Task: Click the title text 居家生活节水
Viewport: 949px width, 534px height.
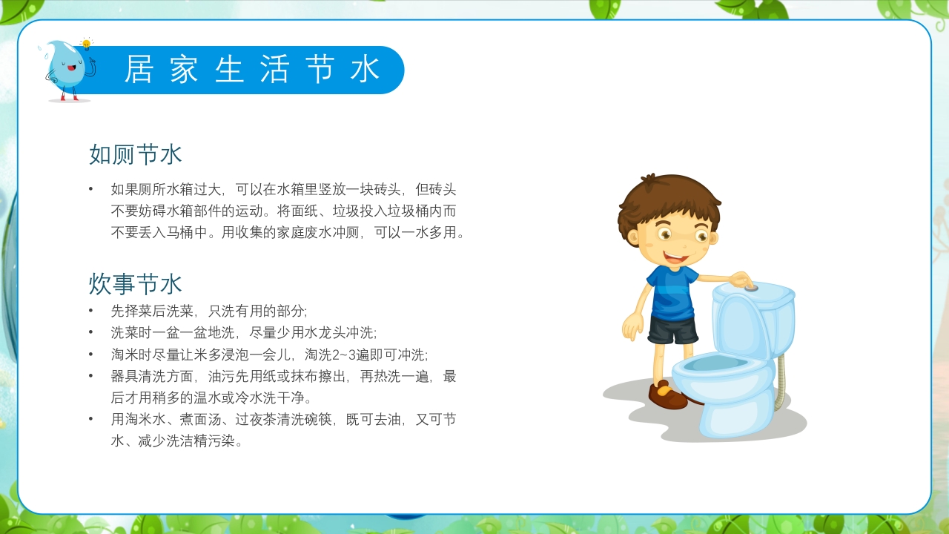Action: click(x=252, y=70)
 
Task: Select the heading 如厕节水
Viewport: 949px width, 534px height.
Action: click(x=136, y=154)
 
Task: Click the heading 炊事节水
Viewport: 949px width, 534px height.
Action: click(x=136, y=283)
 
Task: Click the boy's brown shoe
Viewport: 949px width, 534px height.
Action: click(x=667, y=395)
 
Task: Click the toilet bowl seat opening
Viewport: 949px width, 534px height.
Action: click(x=715, y=363)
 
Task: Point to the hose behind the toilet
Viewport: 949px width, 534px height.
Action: click(x=779, y=382)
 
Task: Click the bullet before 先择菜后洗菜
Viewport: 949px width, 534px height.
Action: click(x=91, y=311)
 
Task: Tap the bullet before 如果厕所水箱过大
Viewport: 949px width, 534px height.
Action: click(x=91, y=189)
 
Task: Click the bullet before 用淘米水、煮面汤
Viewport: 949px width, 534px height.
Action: click(x=91, y=420)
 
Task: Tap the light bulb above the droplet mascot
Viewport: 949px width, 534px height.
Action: click(x=86, y=44)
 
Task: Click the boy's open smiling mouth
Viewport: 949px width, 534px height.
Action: click(x=675, y=259)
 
